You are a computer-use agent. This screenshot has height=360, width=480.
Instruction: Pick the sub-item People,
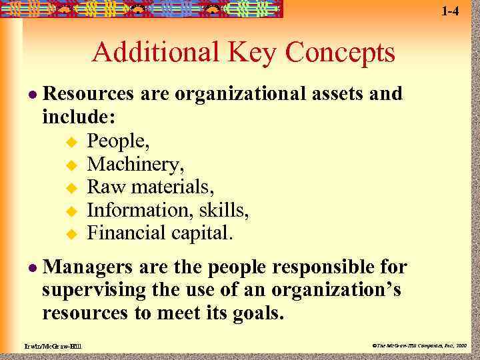point(119,141)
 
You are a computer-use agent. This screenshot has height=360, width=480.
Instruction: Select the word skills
point(226,210)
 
